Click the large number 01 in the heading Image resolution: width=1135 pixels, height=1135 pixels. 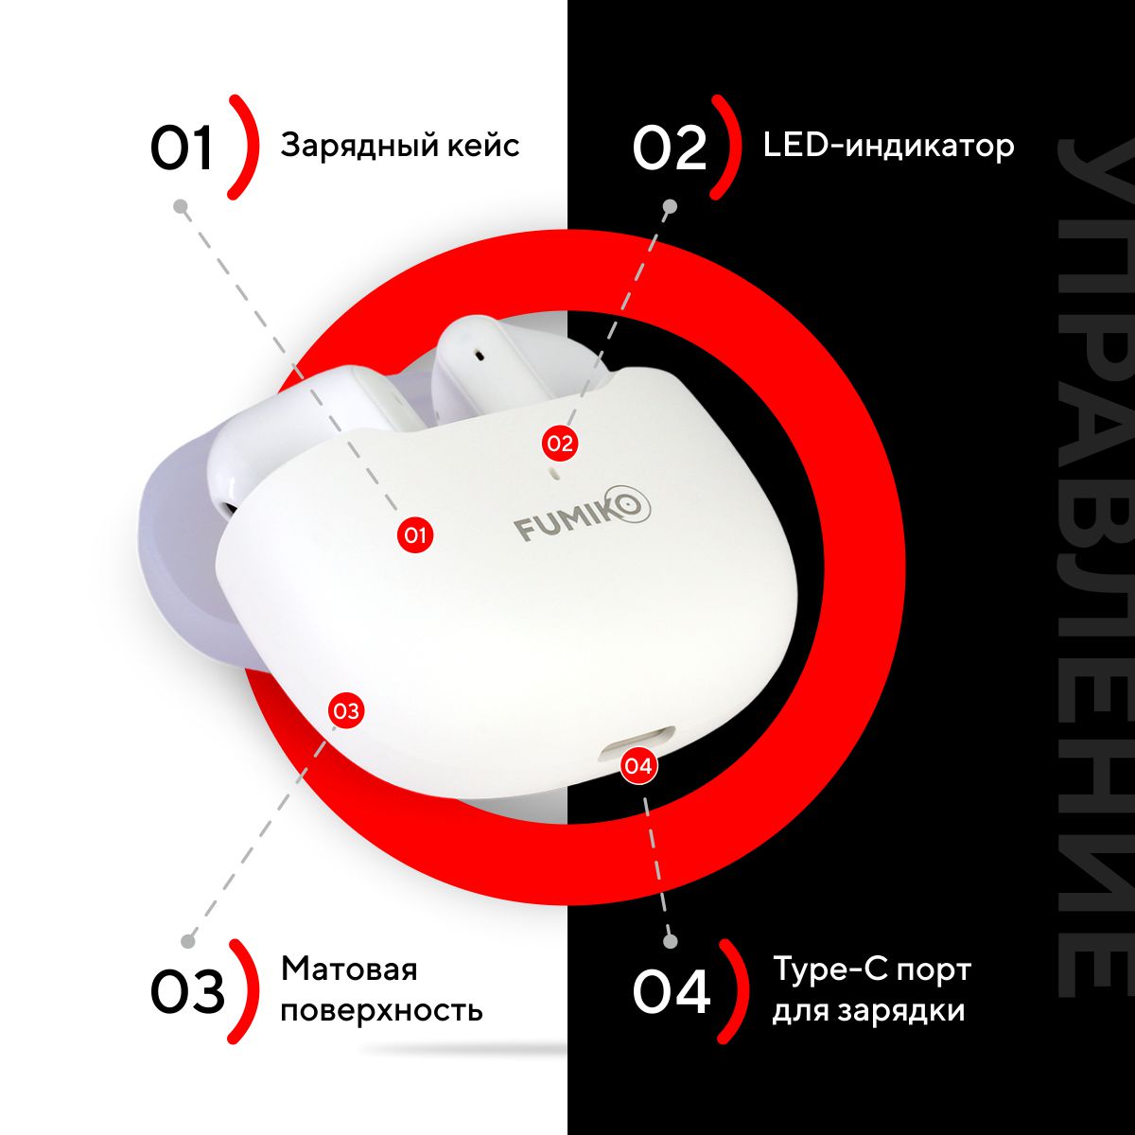181,148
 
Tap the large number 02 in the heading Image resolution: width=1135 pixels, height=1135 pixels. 669,148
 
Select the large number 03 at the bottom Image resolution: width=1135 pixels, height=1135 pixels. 187,991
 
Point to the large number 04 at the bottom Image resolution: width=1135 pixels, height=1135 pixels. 672,991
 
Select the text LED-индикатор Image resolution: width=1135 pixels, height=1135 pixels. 888,145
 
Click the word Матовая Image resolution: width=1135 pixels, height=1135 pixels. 349,969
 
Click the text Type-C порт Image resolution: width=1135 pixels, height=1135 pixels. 871,970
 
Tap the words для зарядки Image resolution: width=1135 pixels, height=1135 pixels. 869,1011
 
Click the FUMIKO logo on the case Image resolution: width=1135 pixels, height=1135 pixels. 583,514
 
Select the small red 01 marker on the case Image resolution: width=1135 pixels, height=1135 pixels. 414,535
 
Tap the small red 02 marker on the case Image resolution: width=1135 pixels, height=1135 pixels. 559,443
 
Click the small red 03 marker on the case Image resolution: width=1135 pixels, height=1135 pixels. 346,710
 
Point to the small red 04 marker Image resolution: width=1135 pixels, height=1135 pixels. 638,766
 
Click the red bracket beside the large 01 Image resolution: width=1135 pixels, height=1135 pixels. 244,147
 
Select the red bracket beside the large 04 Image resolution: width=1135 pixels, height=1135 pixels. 733,990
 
